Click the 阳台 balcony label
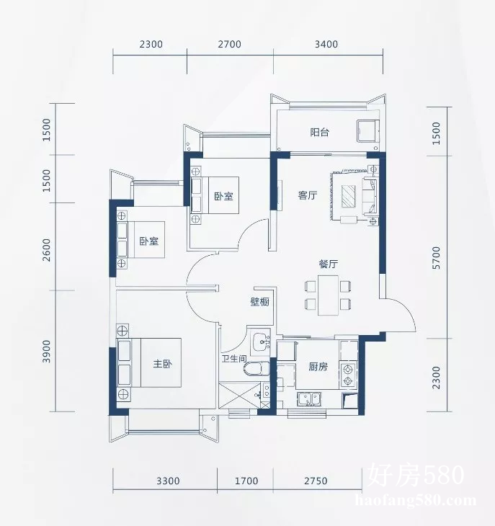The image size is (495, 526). pyautogui.click(x=319, y=132)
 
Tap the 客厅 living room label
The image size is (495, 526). pyautogui.click(x=308, y=195)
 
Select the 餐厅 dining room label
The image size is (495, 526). pyautogui.click(x=329, y=264)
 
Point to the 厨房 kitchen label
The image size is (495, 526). pyautogui.click(x=318, y=367)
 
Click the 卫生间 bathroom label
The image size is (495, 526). pyautogui.click(x=233, y=359)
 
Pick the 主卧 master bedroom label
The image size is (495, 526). pyautogui.click(x=163, y=364)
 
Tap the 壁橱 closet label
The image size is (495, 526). pyautogui.click(x=260, y=302)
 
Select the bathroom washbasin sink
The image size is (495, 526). pyautogui.click(x=262, y=342)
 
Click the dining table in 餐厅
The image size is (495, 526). pyautogui.click(x=328, y=295)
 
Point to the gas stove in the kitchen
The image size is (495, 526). pyautogui.click(x=349, y=375)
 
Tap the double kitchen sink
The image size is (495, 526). pyautogui.click(x=309, y=399)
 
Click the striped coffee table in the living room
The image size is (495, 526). pyautogui.click(x=349, y=196)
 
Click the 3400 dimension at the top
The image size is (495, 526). pyautogui.click(x=326, y=44)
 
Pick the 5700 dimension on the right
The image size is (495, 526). pyautogui.click(x=436, y=258)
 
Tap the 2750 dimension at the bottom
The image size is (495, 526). pyautogui.click(x=316, y=481)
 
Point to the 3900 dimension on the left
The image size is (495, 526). pyautogui.click(x=47, y=351)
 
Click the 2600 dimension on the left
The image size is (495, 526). pyautogui.click(x=47, y=250)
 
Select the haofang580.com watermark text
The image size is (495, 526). pyautogui.click(x=416, y=501)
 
